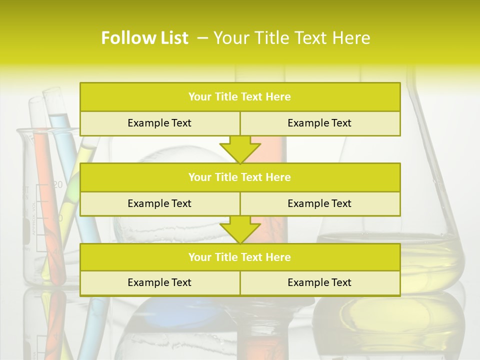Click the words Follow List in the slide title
click(x=145, y=38)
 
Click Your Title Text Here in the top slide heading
click(x=292, y=38)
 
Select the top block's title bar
click(x=239, y=97)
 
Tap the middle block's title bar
click(x=239, y=177)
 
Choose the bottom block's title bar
click(x=239, y=257)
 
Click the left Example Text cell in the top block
click(x=159, y=123)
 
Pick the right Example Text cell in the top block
click(x=319, y=123)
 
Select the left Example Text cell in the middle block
click(x=159, y=203)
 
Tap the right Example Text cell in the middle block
click(x=319, y=203)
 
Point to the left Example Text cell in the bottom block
click(x=159, y=282)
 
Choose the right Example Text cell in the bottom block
click(x=319, y=282)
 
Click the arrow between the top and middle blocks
click(x=240, y=149)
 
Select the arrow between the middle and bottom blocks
click(x=240, y=229)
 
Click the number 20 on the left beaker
click(x=58, y=185)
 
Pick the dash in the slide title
click(x=203, y=38)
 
